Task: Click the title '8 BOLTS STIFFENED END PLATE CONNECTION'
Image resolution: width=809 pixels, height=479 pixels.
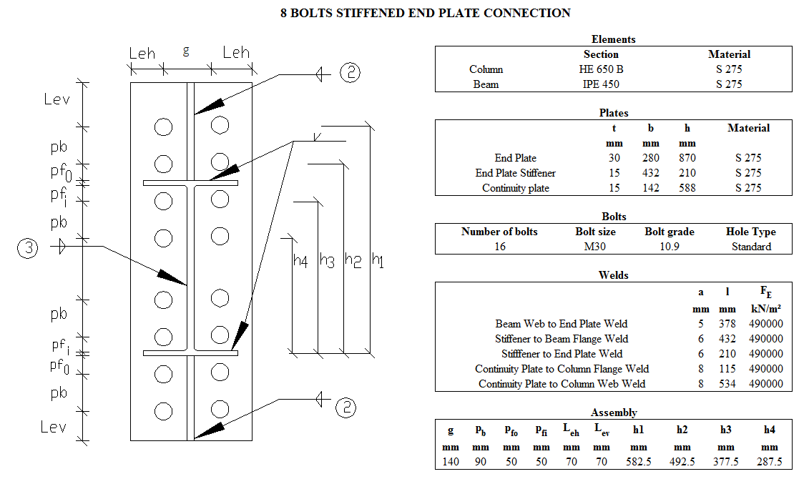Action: point(426,13)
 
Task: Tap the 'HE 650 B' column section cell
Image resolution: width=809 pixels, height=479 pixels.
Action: point(601,69)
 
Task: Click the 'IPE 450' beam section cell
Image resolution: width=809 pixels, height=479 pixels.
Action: point(599,84)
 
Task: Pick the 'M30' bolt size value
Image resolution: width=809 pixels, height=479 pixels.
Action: point(595,247)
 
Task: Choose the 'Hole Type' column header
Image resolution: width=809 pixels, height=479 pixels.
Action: point(750,232)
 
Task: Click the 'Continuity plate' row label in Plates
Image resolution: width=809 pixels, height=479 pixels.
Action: point(516,188)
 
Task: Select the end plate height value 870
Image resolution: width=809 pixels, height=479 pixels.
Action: point(687,158)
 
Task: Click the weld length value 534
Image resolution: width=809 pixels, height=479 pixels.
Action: point(727,384)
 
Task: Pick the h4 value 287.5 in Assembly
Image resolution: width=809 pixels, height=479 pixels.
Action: point(769,462)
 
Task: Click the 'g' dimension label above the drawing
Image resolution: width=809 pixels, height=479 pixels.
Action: point(187,51)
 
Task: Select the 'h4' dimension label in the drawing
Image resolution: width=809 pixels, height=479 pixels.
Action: point(300,262)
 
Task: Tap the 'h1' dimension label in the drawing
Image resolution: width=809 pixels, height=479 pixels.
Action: point(378,262)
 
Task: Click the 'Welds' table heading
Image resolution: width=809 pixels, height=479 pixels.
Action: point(613,275)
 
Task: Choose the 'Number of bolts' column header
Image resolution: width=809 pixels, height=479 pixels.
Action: point(499,232)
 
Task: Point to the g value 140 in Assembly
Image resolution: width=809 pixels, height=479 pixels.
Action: point(451,462)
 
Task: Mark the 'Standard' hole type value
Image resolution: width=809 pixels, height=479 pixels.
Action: point(751,247)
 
